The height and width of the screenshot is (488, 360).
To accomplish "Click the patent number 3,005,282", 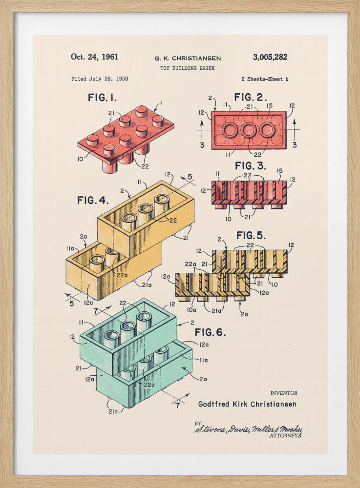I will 270,57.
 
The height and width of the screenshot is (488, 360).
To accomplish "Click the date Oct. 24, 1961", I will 94,57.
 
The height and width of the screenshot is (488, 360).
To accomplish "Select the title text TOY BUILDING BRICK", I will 187,68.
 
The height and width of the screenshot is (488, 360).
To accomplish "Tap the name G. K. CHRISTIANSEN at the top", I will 187,58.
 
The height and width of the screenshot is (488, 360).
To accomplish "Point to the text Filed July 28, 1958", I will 100,79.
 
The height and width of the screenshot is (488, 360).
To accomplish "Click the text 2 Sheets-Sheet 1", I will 264,79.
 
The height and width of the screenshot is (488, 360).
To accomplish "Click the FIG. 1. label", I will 102,98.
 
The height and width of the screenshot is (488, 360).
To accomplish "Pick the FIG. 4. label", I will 93,200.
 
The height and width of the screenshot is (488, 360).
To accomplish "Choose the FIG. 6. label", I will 211,332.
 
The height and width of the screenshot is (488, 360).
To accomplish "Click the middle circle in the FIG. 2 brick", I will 249,130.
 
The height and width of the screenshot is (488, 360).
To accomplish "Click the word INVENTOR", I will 283,393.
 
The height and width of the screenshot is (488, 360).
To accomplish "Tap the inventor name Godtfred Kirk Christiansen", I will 247,404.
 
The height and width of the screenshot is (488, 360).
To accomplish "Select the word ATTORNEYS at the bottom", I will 285,435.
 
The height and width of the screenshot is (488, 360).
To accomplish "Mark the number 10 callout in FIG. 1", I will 80,159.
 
